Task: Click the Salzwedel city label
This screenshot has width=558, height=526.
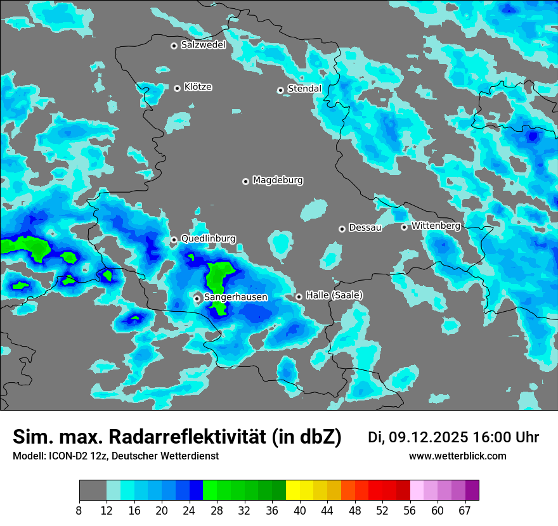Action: (x=203, y=45)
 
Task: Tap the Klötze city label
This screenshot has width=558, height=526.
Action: (x=198, y=87)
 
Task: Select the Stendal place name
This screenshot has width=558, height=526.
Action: (x=304, y=89)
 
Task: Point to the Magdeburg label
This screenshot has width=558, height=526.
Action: (x=278, y=180)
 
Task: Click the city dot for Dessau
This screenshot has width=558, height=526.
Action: (x=342, y=228)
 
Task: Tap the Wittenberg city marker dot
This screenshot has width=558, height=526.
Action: (x=404, y=226)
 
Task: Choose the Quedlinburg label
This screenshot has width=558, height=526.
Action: (x=208, y=239)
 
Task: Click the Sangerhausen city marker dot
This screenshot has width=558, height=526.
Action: (x=197, y=298)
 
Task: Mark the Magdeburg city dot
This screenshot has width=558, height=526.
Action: (x=245, y=181)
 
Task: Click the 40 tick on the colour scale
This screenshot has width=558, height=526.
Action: (x=300, y=510)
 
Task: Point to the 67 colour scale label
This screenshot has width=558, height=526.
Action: (x=465, y=510)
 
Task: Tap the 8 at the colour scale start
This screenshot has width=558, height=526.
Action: (x=79, y=510)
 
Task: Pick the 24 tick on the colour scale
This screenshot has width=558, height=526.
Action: (x=190, y=510)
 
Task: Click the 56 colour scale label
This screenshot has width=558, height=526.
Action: (x=410, y=510)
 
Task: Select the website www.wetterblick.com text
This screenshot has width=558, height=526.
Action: (x=457, y=456)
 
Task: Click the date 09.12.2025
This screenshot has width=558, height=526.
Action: (x=429, y=437)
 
